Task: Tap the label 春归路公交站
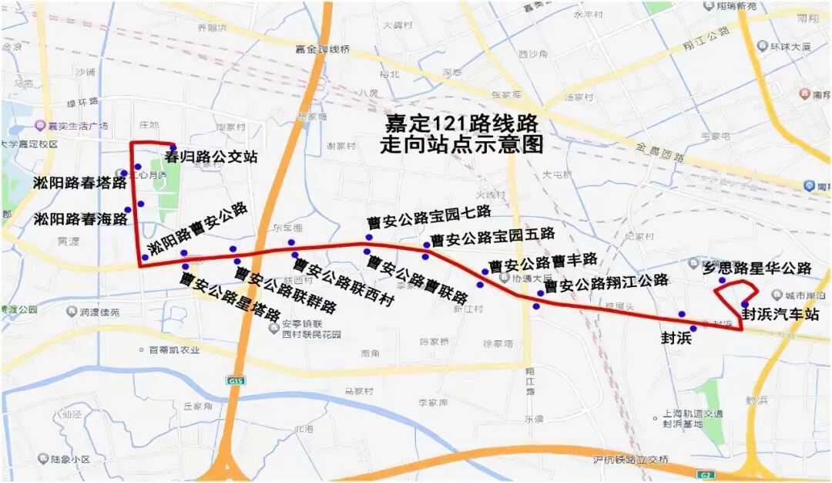[x=210, y=157]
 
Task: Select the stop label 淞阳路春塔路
[x=79, y=183]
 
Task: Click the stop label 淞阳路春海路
[x=80, y=219]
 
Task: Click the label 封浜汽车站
[x=780, y=315]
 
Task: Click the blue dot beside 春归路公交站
[x=173, y=147]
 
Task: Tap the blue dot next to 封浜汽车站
[x=745, y=304]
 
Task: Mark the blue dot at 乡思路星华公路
[x=722, y=280]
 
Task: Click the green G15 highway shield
[x=233, y=381]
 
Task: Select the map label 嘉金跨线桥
[x=322, y=49]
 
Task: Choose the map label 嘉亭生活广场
[x=77, y=126]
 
